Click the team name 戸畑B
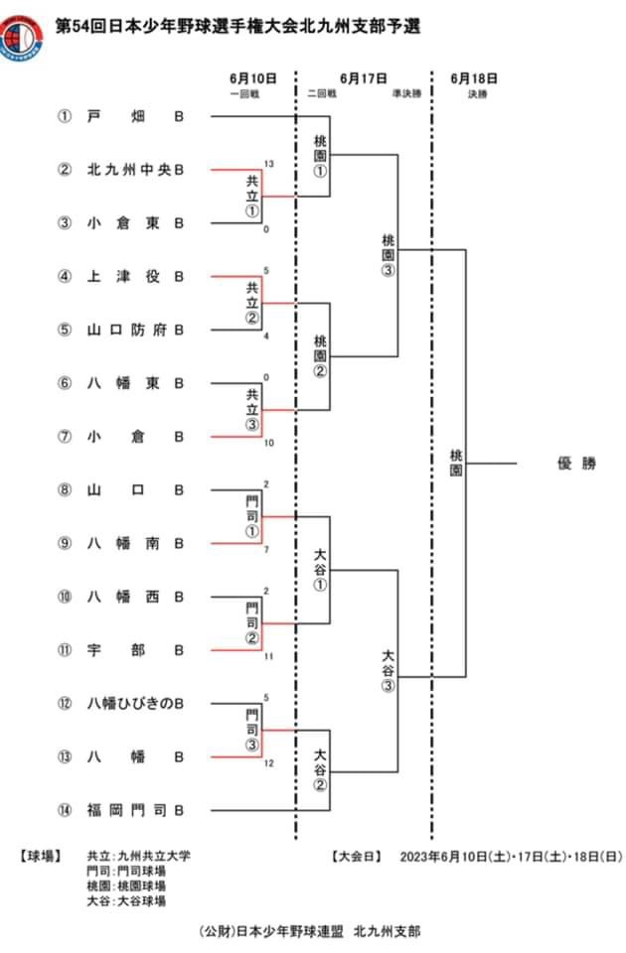click(135, 116)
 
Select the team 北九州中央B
click(135, 170)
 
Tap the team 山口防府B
click(135, 330)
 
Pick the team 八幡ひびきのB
click(135, 704)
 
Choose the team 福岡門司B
click(135, 810)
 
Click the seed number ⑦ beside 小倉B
click(65, 437)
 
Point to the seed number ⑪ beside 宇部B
click(65, 650)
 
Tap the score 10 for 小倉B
click(268, 443)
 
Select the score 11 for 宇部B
click(268, 656)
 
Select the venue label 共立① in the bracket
click(251, 197)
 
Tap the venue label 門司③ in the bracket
click(251, 731)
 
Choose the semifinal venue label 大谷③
click(388, 670)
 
